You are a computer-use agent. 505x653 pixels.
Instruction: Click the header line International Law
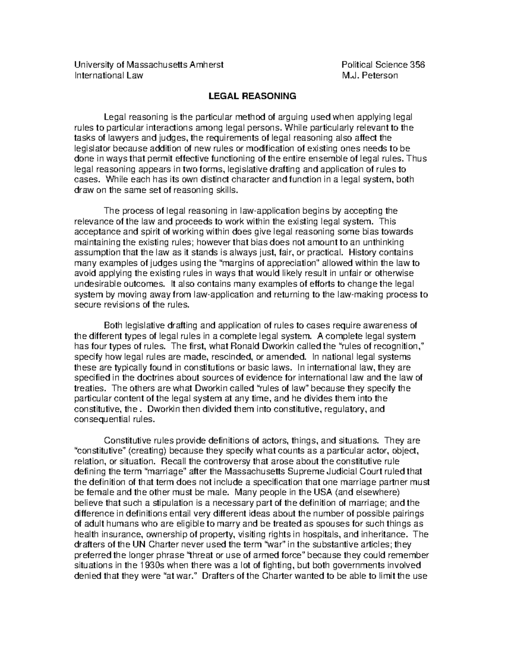coord(109,76)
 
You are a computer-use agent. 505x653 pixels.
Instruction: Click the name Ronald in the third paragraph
coord(245,346)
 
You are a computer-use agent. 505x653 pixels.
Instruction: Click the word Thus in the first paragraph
coord(418,159)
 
